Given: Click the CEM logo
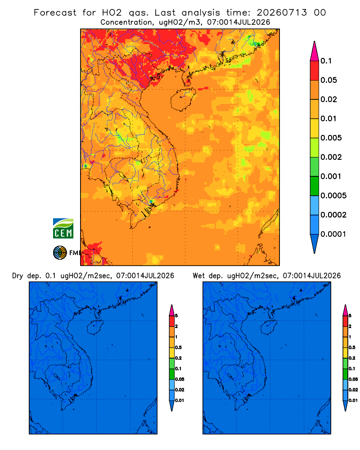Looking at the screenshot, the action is [63, 229].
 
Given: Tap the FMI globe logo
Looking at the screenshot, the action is [60, 252].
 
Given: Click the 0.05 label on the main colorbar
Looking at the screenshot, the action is [328, 80].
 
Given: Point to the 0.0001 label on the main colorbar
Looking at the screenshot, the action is [333, 234].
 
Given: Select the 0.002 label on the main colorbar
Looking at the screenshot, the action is [331, 157].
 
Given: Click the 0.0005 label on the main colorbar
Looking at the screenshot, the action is [333, 196].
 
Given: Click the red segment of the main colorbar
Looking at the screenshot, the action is [315, 71].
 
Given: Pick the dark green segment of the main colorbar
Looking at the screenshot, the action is [315, 186].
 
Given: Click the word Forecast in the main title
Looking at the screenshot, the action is [55, 13].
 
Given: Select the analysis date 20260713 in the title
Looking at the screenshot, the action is [282, 13].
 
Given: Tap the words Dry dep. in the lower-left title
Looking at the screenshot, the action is [26, 276].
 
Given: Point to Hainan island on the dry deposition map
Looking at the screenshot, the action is [95, 328].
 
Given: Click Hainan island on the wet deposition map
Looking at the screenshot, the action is [269, 328].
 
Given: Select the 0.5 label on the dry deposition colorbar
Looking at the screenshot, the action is [178, 347].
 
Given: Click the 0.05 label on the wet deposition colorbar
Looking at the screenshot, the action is [353, 379].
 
